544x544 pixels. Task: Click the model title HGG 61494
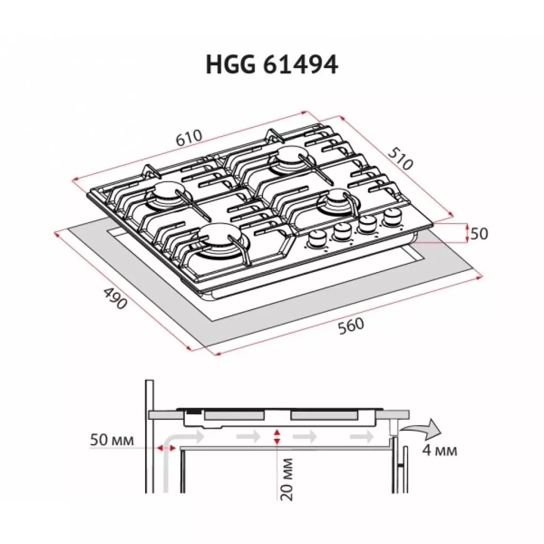pyautogui.click(x=271, y=66)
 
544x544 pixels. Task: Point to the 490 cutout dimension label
pyautogui.click(x=115, y=299)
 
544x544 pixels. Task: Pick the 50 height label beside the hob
pyautogui.click(x=479, y=233)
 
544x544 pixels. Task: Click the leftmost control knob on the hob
pyautogui.click(x=317, y=239)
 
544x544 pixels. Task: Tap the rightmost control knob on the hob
pyautogui.click(x=393, y=216)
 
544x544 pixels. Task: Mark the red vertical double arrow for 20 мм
pyautogui.click(x=276, y=438)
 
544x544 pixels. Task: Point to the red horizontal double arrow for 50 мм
pyautogui.click(x=166, y=449)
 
